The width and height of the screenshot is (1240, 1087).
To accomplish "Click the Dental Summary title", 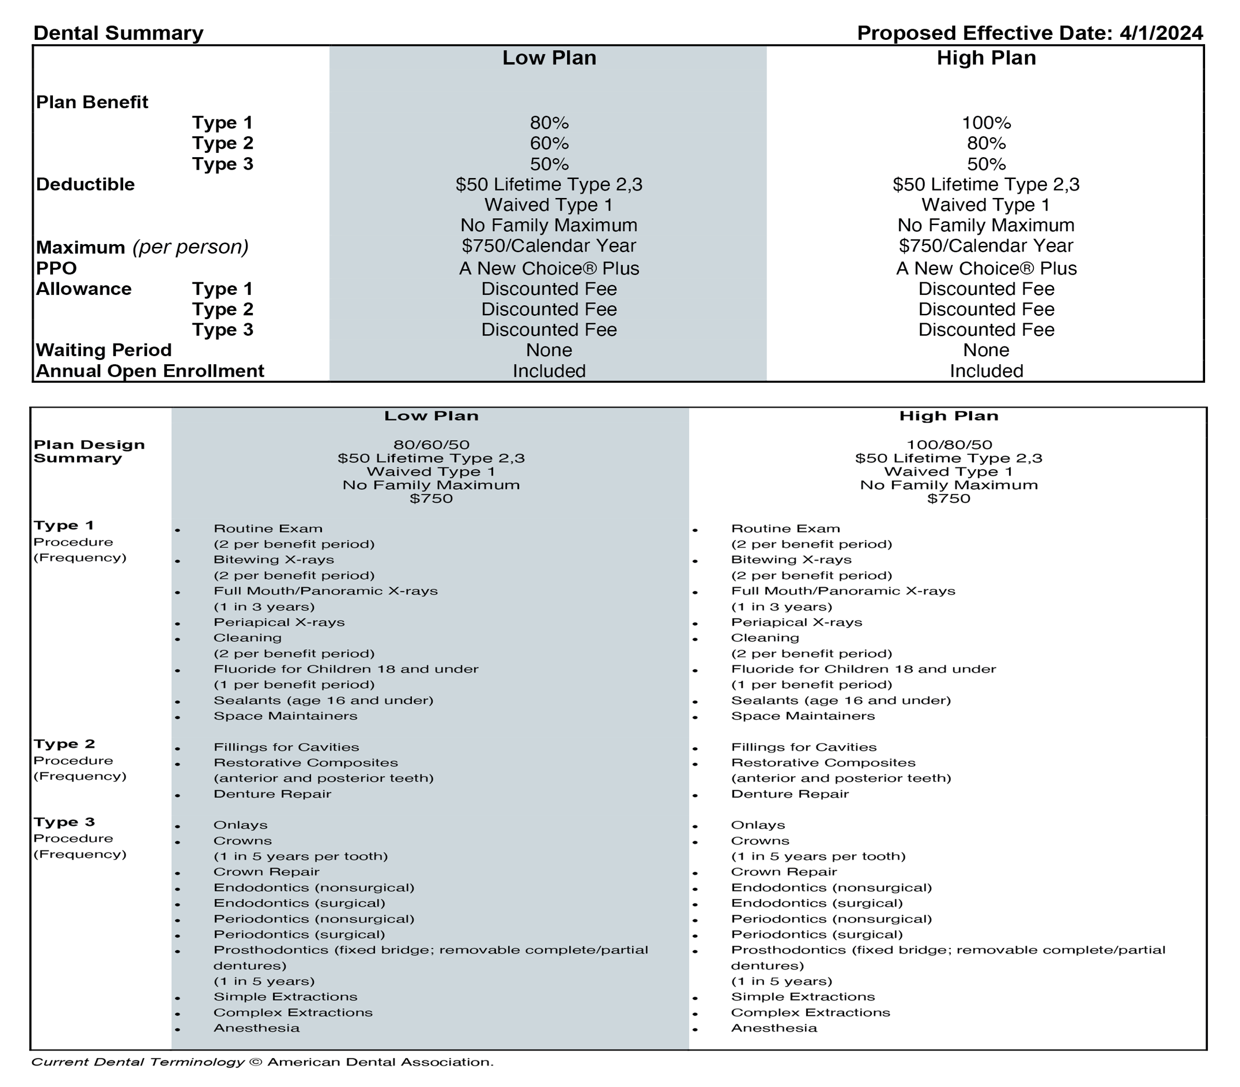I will (118, 33).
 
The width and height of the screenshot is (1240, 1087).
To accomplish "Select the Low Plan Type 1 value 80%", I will (549, 123).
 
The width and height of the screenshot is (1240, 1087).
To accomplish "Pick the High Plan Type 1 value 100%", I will (986, 123).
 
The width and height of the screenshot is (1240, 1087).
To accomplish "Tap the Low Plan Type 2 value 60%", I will (549, 144).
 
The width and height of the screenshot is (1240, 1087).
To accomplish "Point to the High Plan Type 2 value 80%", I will (986, 144).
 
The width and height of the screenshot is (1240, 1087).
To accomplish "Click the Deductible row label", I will (85, 184).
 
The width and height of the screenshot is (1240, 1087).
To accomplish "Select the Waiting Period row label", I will (104, 350).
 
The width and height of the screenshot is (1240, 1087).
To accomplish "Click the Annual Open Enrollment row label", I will (150, 371).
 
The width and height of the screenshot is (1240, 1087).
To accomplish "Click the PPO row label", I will (56, 268).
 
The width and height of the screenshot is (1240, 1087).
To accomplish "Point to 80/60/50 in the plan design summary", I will (431, 445).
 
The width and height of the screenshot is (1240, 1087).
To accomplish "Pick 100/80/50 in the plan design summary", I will (949, 445).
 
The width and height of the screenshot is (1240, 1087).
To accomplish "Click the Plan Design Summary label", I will (89, 451).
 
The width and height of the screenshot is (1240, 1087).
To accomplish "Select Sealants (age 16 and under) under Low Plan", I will (324, 700).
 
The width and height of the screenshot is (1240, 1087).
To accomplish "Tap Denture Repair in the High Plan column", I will (789, 794).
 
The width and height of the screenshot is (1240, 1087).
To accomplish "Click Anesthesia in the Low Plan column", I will (256, 1028).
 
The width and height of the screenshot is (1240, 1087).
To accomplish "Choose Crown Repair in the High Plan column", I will (784, 872).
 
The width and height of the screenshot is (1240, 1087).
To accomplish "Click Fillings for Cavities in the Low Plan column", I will (286, 747).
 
